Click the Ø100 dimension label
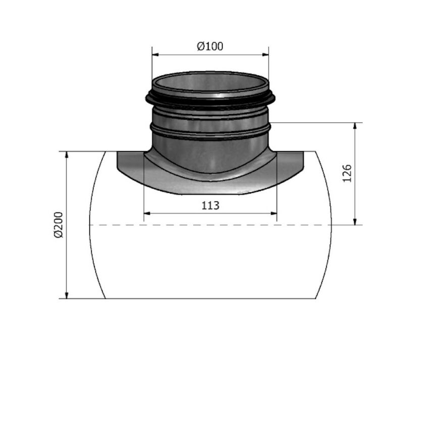pos(210,46)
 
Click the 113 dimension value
pos(210,205)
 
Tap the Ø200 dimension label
pos(58,225)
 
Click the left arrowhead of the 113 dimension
pos(147,214)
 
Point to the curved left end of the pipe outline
pos(91,225)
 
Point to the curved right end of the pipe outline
pos(332,225)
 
